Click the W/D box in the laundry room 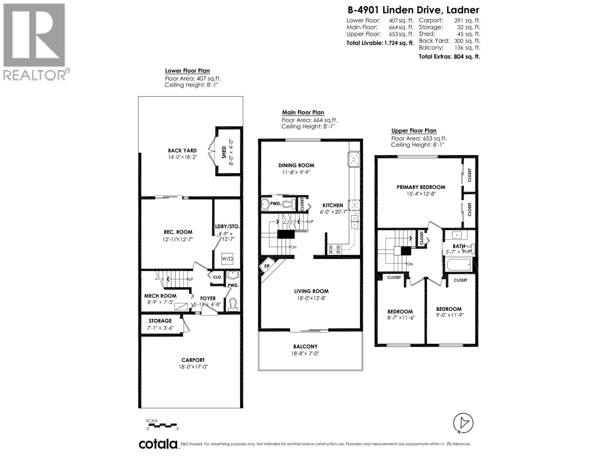click(x=227, y=259)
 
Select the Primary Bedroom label click(x=421, y=187)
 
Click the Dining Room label click(x=296, y=166)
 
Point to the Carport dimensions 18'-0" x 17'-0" click(x=193, y=367)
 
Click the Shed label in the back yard click(x=224, y=152)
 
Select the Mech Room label click(x=160, y=296)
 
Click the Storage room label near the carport click(x=160, y=321)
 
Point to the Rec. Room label click(x=177, y=232)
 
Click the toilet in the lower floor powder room click(x=232, y=305)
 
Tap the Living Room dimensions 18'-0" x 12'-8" click(x=311, y=298)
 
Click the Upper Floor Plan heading click(x=413, y=131)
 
